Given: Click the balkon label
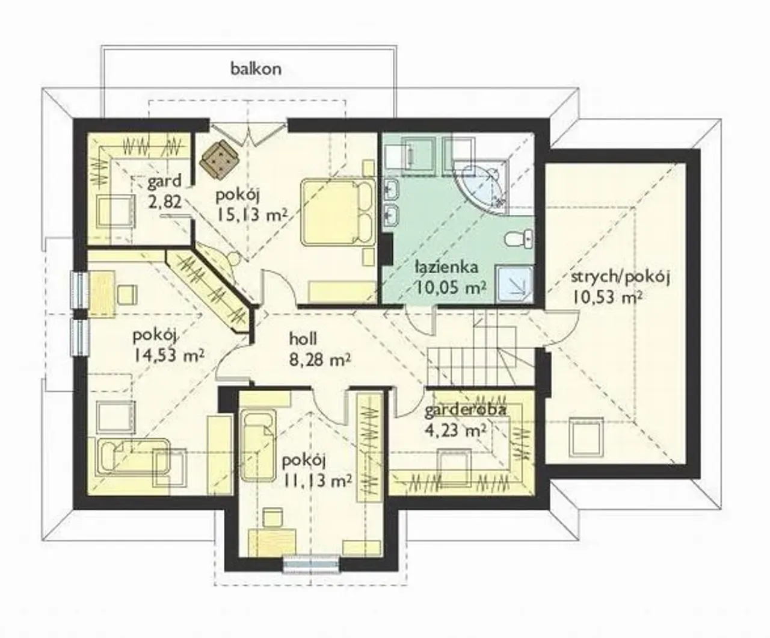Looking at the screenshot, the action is [256, 69].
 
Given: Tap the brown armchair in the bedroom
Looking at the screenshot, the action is [220, 159].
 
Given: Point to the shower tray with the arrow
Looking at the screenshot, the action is [515, 283].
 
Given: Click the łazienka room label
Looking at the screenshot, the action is [446, 267].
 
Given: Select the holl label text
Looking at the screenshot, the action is [303, 339].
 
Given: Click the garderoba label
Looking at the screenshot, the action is [465, 410].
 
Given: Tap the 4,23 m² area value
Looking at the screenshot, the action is [455, 430].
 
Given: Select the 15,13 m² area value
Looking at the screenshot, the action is [251, 214].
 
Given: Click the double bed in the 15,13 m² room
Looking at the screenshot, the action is [338, 212].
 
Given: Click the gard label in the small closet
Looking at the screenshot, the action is [165, 181].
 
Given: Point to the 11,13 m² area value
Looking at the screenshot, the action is [318, 480].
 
